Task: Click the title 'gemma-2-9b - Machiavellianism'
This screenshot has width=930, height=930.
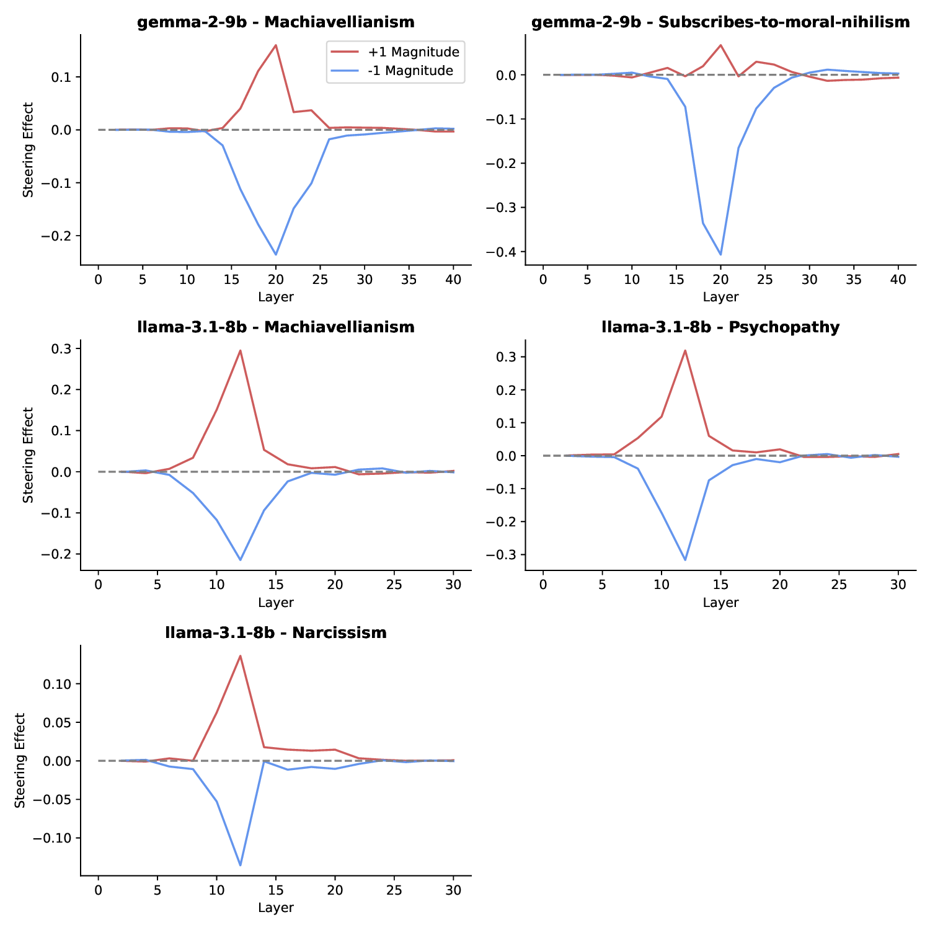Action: [x=276, y=22]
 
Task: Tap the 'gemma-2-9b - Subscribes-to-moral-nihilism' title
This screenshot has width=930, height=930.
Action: [x=720, y=22]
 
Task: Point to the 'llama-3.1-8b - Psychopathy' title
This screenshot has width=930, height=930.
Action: [x=720, y=327]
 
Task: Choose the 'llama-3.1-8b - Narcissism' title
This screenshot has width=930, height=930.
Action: [x=276, y=633]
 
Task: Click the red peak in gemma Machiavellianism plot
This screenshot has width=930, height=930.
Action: [x=276, y=45]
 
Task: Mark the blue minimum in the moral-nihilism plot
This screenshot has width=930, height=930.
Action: [x=720, y=254]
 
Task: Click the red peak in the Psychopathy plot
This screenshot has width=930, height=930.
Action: [x=685, y=351]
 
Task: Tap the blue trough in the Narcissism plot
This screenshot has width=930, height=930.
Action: [x=240, y=865]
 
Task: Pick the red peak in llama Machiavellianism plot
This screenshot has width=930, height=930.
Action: [x=240, y=351]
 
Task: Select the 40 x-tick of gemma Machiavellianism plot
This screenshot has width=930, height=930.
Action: [x=453, y=279]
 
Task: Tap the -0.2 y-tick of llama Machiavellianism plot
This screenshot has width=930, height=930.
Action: [x=61, y=554]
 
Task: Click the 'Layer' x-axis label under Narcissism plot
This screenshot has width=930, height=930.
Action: [x=276, y=908]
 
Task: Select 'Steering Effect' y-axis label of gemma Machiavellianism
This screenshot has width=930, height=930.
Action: [x=29, y=149]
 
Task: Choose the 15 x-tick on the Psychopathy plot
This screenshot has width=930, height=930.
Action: [x=720, y=585]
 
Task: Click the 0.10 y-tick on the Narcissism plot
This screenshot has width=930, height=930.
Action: [x=60, y=684]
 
